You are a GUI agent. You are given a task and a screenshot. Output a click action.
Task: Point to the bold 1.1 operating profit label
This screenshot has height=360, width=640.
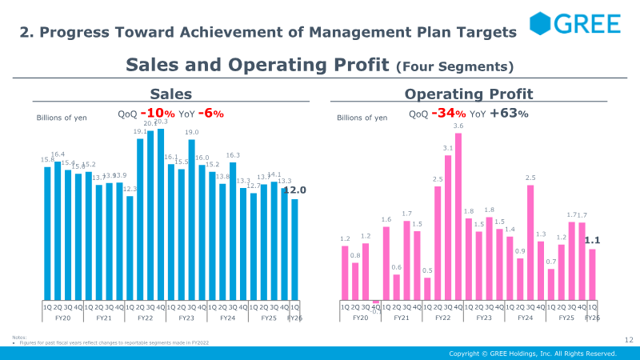(592, 240)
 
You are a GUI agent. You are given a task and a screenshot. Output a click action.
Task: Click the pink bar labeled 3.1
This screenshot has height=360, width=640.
(448, 229)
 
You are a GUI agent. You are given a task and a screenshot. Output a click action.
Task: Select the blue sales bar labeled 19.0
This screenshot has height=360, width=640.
(192, 220)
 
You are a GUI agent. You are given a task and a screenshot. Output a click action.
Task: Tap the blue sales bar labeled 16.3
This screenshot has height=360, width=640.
(233, 230)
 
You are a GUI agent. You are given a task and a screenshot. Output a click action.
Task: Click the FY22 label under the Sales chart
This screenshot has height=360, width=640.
(145, 318)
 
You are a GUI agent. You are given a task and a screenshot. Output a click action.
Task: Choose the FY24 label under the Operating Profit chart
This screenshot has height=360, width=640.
(525, 318)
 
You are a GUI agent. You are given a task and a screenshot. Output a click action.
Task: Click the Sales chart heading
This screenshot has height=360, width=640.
(171, 94)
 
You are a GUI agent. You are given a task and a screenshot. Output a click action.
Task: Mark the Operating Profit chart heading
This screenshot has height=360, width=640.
(469, 94)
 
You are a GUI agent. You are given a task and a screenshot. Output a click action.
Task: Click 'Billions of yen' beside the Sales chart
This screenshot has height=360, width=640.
(62, 118)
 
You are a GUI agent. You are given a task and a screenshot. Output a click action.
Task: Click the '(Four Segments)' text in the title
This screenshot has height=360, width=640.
(454, 66)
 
